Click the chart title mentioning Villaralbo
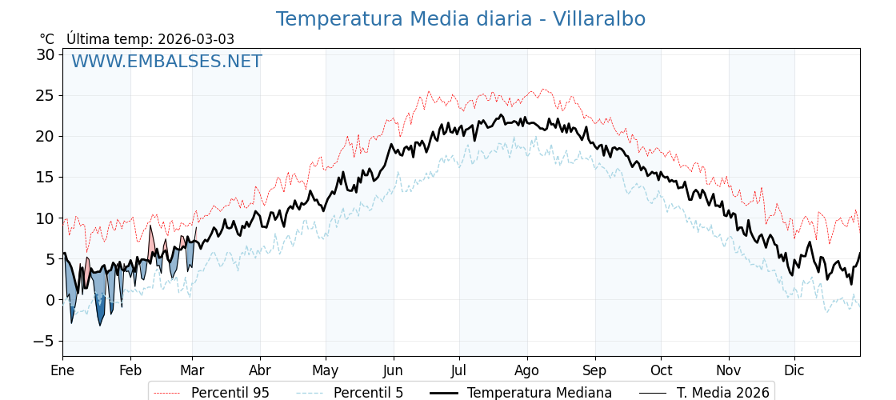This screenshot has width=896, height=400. coord(460,19)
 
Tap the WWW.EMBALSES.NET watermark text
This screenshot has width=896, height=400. coord(166,62)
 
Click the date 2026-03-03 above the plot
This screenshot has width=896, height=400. coord(196,39)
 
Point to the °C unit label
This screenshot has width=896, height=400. coord(47,39)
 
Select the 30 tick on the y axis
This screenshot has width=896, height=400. coord(46,54)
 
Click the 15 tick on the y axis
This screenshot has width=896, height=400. coord(46,177)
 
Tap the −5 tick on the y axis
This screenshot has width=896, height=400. coord(44,341)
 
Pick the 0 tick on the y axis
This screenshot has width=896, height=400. coord(50,300)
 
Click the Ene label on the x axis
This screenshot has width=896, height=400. coord(62,370)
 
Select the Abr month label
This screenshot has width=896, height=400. coord(260,370)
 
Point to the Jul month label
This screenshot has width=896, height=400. coord(459,370)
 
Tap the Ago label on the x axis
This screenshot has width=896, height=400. coord(526,370)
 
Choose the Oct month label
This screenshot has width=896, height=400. coord(661,370)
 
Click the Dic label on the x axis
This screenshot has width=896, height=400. coord(794,370)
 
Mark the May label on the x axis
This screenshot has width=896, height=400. coord(326,370)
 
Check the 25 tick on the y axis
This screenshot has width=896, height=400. coord(46,95)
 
